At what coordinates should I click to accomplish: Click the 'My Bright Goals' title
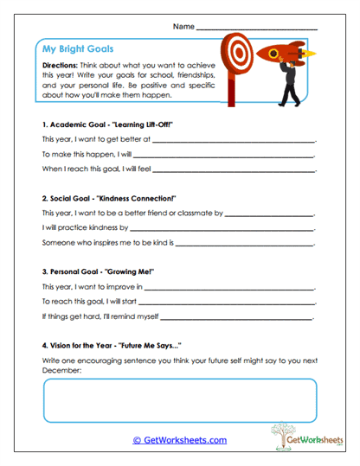[x=78, y=49]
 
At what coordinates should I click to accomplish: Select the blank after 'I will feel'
[x=234, y=168]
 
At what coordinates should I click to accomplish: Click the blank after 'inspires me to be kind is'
[x=246, y=242]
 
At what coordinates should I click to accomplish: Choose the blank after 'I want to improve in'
[x=228, y=286]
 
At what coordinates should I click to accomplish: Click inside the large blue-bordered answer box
[x=179, y=398]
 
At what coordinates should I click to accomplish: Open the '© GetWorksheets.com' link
[x=180, y=440]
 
